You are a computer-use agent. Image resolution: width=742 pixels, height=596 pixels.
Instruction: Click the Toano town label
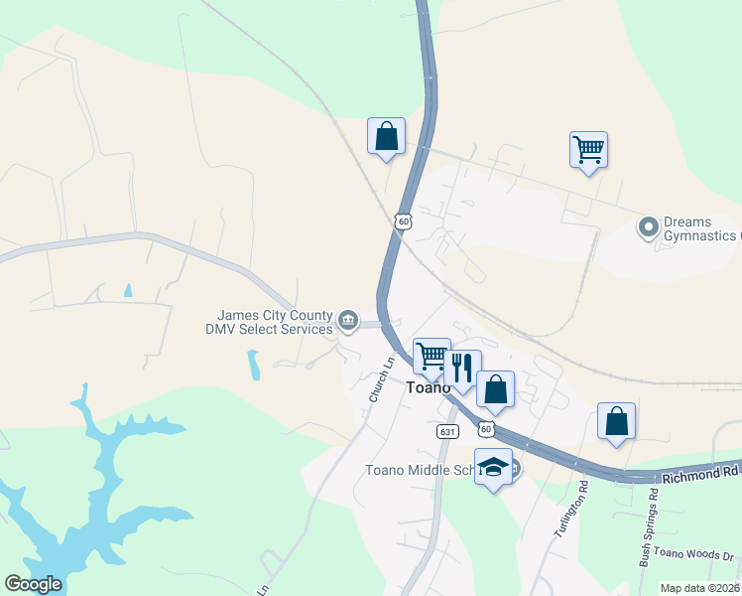[x=429, y=388]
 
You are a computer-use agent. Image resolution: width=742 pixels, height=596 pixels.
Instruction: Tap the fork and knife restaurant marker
[x=462, y=368]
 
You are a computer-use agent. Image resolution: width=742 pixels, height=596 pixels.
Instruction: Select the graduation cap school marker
[x=493, y=468]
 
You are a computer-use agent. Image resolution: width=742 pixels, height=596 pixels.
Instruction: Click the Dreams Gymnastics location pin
[x=649, y=228]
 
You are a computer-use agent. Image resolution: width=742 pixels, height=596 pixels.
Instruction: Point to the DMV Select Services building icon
[x=348, y=320]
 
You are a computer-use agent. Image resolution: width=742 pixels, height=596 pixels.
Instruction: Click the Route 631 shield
[x=447, y=431]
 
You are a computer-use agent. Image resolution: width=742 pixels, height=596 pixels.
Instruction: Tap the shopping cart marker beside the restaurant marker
[x=432, y=356]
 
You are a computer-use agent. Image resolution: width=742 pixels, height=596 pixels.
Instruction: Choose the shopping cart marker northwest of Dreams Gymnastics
[x=588, y=150]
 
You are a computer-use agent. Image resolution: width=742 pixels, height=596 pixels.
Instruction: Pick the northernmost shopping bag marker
[x=386, y=136]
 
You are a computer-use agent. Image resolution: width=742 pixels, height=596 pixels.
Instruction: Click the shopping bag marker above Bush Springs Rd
[x=616, y=420]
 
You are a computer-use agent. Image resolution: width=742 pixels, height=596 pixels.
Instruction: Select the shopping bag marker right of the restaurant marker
[x=495, y=389]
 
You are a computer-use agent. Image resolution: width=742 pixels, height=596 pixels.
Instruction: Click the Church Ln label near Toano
[x=382, y=379]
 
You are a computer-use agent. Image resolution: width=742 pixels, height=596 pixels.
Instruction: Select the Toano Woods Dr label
[x=698, y=557]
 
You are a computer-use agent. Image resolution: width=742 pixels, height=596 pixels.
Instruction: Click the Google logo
[x=33, y=584]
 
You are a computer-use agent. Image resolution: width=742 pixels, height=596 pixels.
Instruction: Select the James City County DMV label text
[x=268, y=321]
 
